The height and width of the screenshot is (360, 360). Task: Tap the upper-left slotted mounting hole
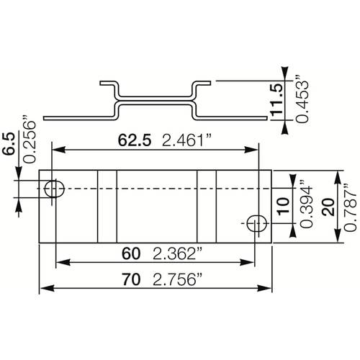(x=53, y=189)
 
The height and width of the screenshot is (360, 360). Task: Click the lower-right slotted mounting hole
(x=254, y=224)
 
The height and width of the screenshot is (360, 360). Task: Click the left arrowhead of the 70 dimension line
(x=43, y=289)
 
